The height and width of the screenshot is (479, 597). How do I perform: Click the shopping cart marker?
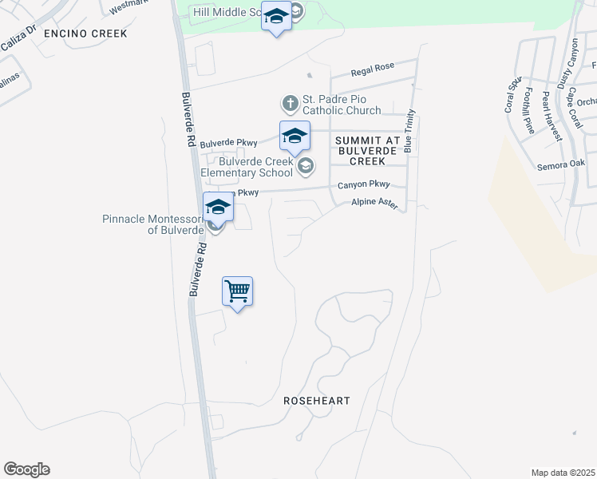[x=238, y=291]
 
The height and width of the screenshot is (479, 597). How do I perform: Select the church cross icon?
[x=289, y=103]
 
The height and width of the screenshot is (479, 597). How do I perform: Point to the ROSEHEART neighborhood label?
[x=317, y=401]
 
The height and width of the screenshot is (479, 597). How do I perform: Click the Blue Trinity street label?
[x=409, y=130]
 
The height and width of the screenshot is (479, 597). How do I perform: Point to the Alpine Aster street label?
[x=374, y=204]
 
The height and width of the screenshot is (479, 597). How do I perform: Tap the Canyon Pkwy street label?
[x=362, y=184]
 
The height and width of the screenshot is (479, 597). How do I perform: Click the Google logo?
[x=26, y=469]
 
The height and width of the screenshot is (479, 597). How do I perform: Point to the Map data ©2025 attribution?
[x=563, y=473]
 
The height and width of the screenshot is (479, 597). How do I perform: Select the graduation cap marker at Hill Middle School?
[x=276, y=17]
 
